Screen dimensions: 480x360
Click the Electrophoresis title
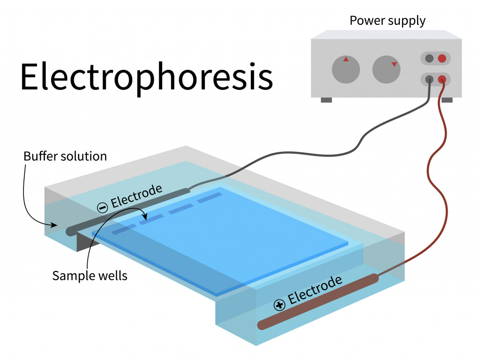(147, 77)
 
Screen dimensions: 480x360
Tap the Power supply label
(388, 21)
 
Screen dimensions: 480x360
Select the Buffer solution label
(65, 156)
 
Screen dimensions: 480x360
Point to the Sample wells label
(90, 276)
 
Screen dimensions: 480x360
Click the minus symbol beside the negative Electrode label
(103, 208)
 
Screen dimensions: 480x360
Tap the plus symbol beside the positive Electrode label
(279, 305)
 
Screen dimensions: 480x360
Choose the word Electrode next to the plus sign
(315, 290)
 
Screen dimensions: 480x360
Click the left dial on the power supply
(346, 69)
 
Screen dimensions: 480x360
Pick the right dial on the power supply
(386, 69)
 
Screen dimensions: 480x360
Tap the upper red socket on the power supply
(442, 58)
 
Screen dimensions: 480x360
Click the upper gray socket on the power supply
(429, 58)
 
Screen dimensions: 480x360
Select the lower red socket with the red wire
(442, 80)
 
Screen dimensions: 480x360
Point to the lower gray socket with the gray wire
(429, 80)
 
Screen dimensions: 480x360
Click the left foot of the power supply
(326, 100)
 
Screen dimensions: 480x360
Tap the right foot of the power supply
(447, 100)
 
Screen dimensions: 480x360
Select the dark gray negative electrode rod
(128, 211)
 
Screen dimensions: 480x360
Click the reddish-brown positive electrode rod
(318, 301)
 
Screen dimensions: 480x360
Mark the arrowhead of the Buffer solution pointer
(54, 225)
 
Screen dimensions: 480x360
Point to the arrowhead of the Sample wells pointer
(145, 217)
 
